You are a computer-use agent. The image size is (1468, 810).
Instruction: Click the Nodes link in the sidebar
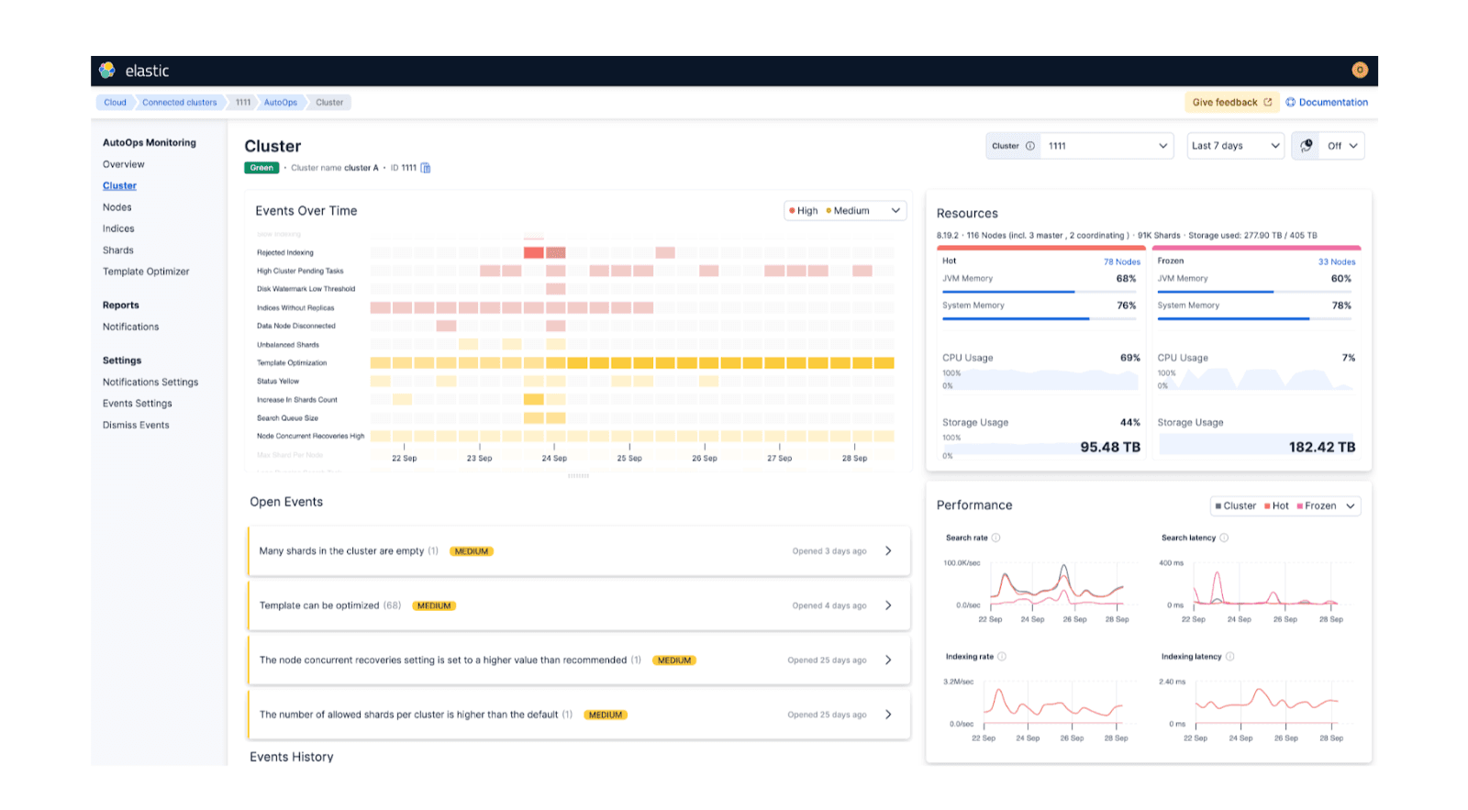pos(117,207)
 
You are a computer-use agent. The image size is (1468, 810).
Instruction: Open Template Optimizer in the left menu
pos(146,272)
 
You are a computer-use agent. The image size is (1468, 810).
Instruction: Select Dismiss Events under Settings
pos(136,425)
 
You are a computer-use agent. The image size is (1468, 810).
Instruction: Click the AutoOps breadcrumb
pos(280,103)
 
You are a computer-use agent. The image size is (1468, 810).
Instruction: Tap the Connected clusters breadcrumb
pos(179,103)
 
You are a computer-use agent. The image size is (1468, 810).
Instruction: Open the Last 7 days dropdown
pos(1235,146)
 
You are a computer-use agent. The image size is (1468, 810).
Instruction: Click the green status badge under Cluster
pos(261,168)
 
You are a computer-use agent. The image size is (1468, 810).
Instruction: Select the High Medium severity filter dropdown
pos(844,211)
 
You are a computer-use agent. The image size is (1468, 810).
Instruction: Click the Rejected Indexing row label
pos(284,252)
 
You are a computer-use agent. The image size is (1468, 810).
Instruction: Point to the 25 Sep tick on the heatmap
pos(629,457)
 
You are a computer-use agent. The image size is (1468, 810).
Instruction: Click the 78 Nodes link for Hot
pos(1121,261)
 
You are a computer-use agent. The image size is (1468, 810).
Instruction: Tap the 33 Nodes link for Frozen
pos(1336,261)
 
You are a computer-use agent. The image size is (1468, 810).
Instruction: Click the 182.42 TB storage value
pos(1321,447)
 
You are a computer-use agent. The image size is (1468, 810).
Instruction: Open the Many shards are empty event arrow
pos(888,551)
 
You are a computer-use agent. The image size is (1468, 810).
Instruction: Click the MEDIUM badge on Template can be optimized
pos(434,605)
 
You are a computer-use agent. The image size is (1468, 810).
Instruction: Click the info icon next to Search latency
pos(1224,538)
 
